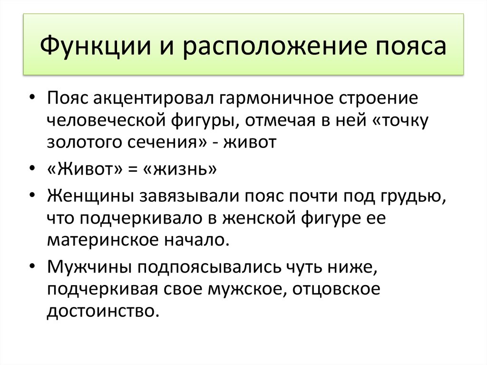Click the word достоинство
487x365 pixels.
click(102, 311)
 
